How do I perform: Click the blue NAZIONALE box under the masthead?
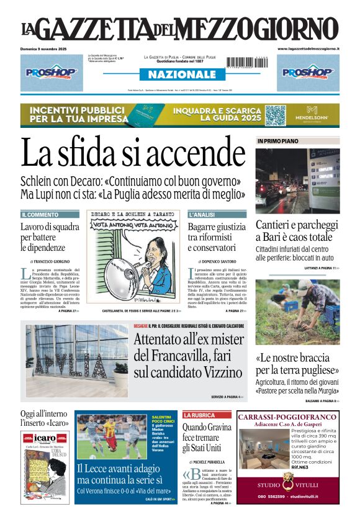[178, 74]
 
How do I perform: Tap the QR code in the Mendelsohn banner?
[275, 115]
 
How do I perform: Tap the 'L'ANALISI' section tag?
[202, 215]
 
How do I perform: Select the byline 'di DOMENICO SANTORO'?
[217, 261]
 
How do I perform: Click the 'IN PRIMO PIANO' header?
[277, 142]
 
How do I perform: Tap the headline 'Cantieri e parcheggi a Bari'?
[297, 232]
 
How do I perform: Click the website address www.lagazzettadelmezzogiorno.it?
[308, 48]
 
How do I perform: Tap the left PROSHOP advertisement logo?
[51, 72]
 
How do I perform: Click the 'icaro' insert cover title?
[45, 438]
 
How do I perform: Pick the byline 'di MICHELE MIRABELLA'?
[210, 462]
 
